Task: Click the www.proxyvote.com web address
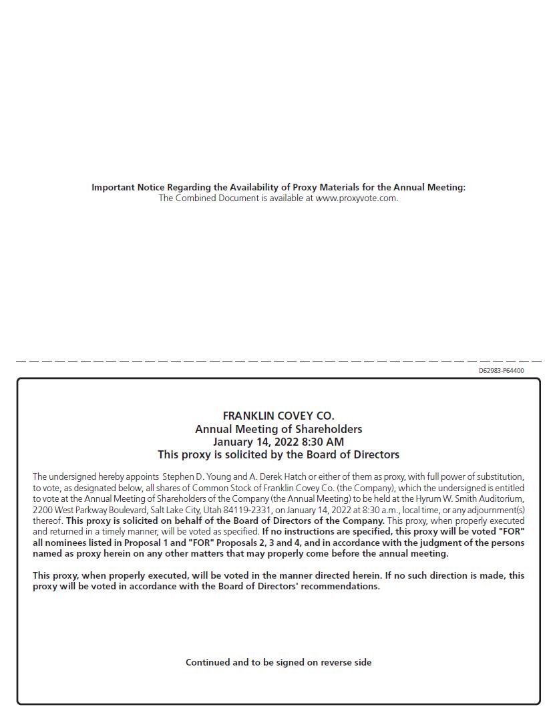pos(357,198)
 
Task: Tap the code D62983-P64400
pos(501,371)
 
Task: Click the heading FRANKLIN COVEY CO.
pos(278,416)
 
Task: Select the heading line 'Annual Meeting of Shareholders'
pos(278,429)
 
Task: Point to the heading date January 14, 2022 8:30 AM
pos(278,442)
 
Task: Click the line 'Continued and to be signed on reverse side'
pos(278,662)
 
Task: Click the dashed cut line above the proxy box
pos(278,361)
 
